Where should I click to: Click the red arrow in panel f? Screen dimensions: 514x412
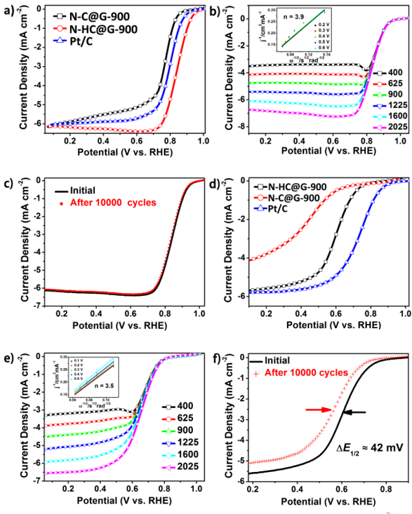pos(313,410)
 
